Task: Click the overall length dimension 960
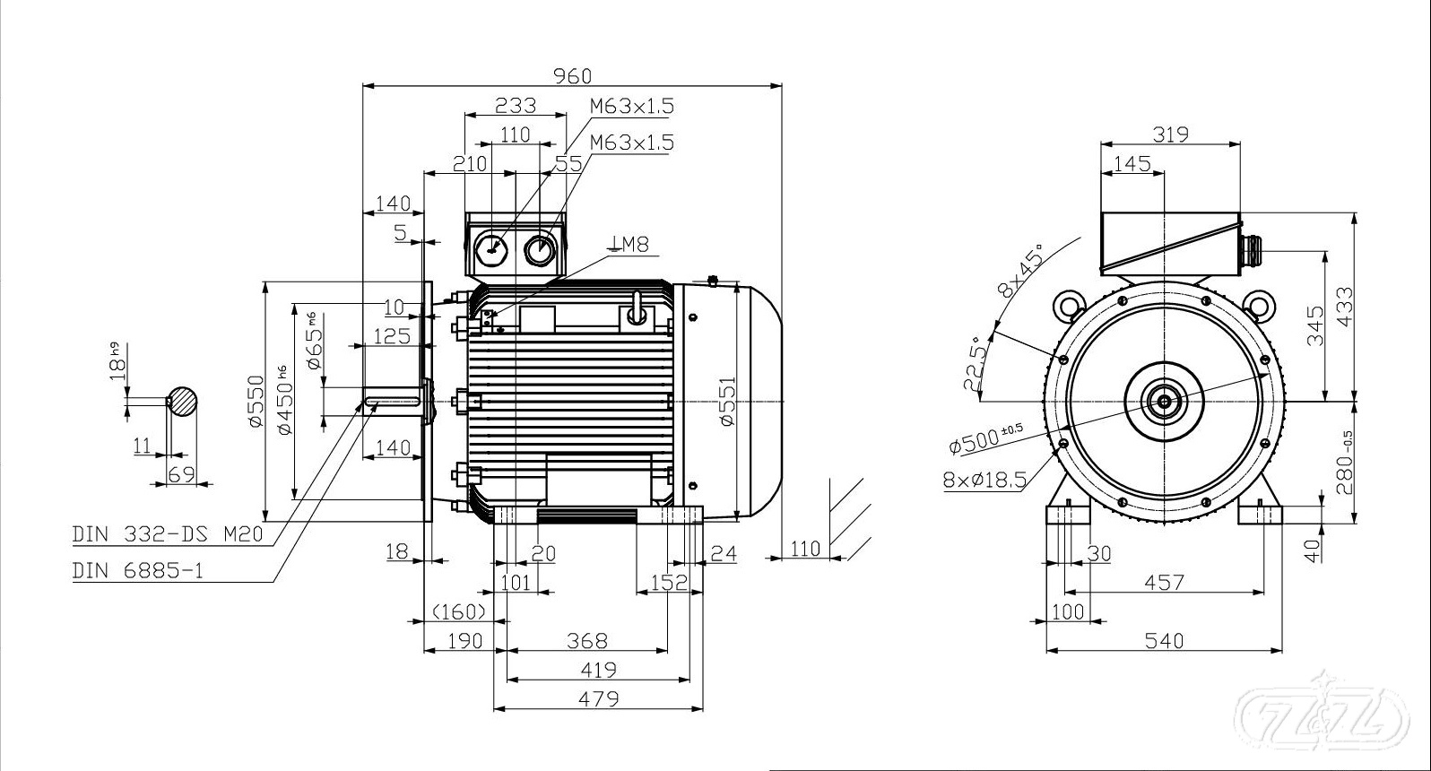572,75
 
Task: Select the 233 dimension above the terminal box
516,105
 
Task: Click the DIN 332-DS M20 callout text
168,534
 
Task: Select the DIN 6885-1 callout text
137,570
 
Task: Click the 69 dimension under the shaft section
181,473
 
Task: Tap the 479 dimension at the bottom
598,698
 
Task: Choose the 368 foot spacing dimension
587,641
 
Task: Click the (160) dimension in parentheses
458,611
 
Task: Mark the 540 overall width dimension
1164,641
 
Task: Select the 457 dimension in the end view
1164,583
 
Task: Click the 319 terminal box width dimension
1170,134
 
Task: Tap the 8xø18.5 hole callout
984,480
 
